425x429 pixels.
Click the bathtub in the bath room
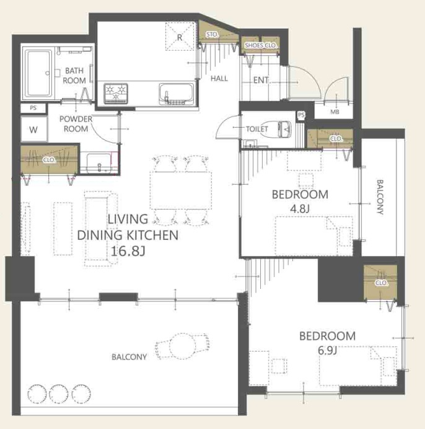[38, 73]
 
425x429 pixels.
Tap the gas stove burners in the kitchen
[116, 93]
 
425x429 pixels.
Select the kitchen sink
[177, 94]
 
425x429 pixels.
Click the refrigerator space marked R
[180, 37]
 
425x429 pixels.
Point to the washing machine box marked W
[33, 129]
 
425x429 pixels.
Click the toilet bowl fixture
[284, 128]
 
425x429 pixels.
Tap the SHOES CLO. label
[261, 45]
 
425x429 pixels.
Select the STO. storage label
[212, 35]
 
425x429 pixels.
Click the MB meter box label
[335, 112]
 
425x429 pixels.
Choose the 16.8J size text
[128, 251]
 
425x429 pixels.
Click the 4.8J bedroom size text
[300, 209]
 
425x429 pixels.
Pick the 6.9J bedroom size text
[327, 350]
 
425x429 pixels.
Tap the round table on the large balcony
[182, 346]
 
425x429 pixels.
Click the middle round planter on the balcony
[59, 394]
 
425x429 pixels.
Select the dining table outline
[181, 190]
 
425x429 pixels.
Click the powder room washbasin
[99, 163]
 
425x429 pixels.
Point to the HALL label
[219, 79]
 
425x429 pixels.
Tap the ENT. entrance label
[261, 80]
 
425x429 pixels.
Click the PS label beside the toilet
[301, 115]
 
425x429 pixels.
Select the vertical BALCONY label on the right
[380, 197]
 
